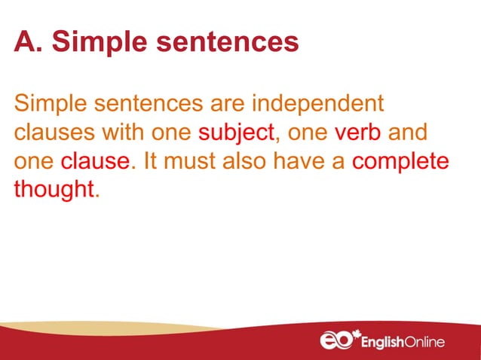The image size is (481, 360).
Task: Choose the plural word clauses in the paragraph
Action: pyautogui.click(x=48, y=133)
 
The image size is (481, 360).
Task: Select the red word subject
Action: pyautogui.click(x=235, y=134)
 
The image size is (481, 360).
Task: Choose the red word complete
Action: pyautogui.click(x=400, y=162)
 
